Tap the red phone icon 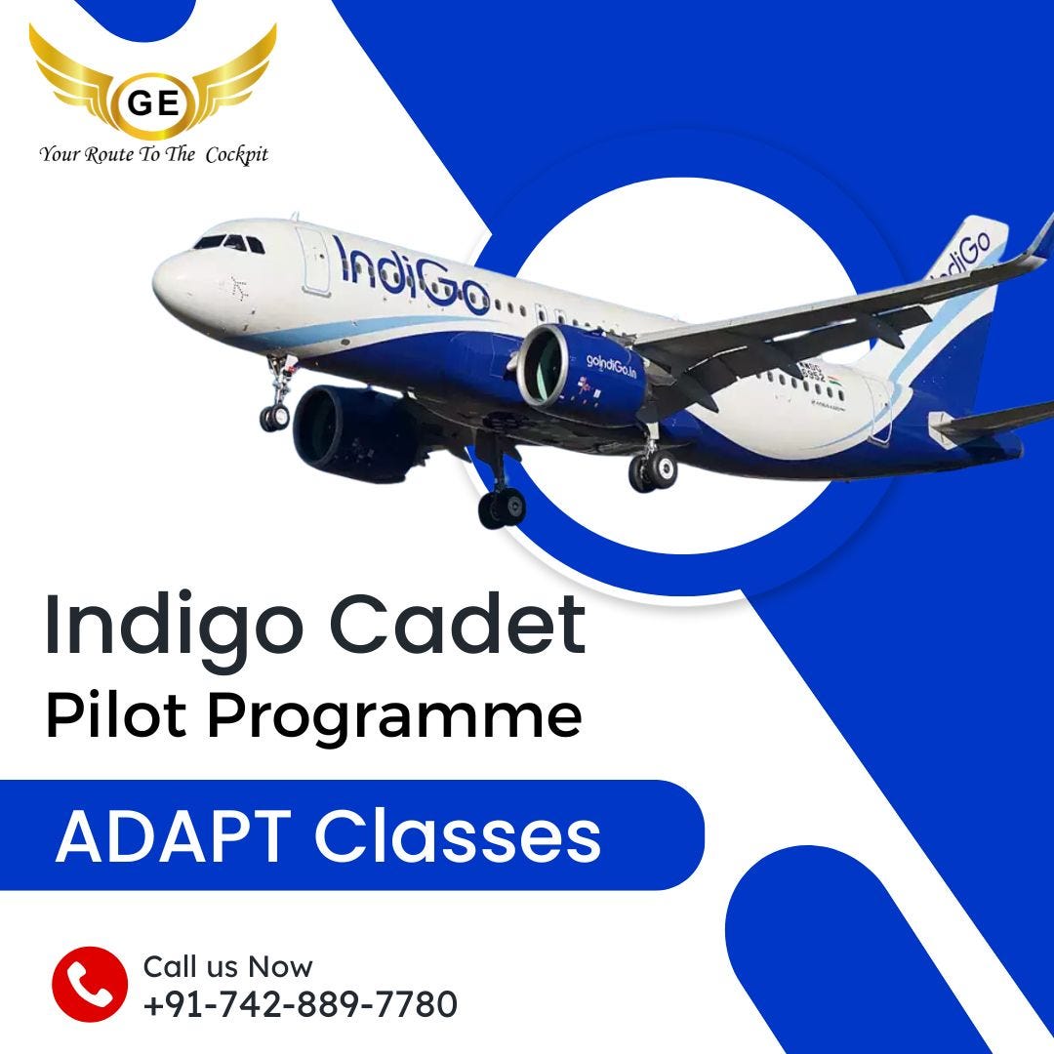(x=90, y=983)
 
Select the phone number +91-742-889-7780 (x=300, y=1003)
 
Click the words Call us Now (x=227, y=967)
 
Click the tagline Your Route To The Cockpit (x=153, y=154)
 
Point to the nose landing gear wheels (x=275, y=415)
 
